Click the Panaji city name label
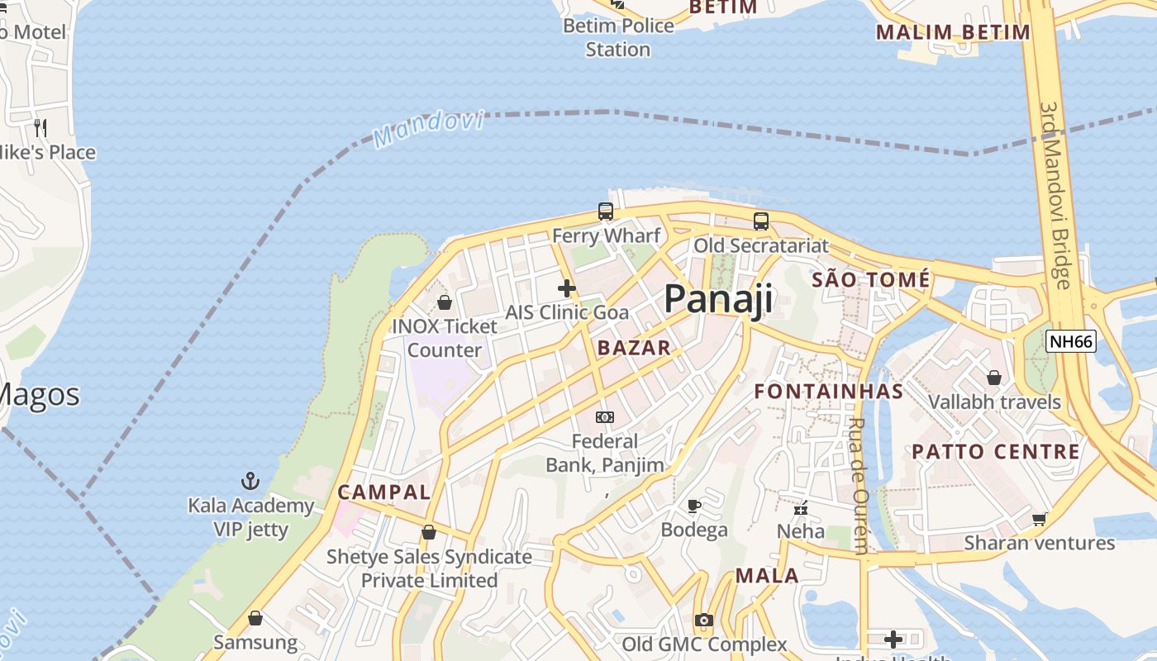click(718, 298)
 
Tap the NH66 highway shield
click(1070, 341)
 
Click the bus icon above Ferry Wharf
click(606, 212)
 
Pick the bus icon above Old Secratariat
click(760, 221)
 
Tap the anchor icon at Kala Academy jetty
click(250, 481)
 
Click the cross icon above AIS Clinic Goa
click(566, 288)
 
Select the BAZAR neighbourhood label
click(634, 348)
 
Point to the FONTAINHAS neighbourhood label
click(828, 391)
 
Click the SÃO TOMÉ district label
click(870, 280)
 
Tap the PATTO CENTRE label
click(996, 452)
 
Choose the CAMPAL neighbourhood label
click(383, 492)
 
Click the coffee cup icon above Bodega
click(693, 506)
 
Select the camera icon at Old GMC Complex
click(703, 620)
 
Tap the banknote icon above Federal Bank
click(605, 417)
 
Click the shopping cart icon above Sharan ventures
click(1039, 519)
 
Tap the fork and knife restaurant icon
click(40, 127)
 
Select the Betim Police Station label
click(618, 37)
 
